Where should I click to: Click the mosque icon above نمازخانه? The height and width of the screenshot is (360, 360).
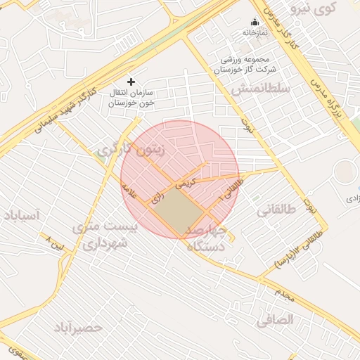pos(255,22)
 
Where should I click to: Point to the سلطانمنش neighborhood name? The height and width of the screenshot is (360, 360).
pos(260,88)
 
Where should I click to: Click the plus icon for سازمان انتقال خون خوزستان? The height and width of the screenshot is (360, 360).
pos(131,82)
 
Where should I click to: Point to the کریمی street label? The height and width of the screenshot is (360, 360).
pos(184,184)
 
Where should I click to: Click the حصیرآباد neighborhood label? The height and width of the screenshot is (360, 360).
pos(77,328)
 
